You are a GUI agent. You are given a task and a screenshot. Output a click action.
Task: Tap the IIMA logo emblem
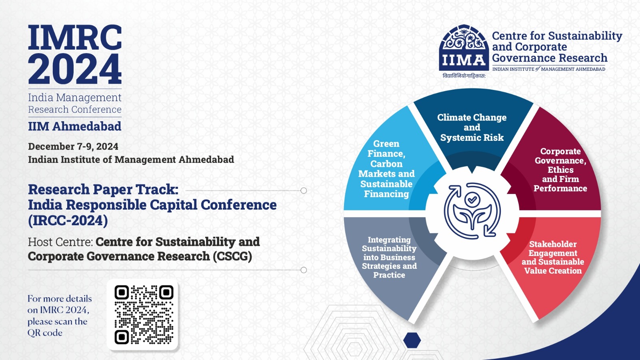pyautogui.click(x=464, y=48)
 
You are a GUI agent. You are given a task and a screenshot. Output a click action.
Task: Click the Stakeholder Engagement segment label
pyautogui.click(x=552, y=257)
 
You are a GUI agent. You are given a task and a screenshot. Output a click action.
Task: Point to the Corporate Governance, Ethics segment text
pyautogui.click(x=560, y=170)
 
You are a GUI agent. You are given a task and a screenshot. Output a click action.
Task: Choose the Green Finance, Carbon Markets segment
pyautogui.click(x=386, y=168)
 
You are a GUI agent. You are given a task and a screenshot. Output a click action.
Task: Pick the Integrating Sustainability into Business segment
pyautogui.click(x=389, y=257)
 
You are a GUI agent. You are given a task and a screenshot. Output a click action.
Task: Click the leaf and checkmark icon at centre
pyautogui.click(x=472, y=211)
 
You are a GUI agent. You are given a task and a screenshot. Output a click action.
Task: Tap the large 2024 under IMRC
pyautogui.click(x=75, y=70)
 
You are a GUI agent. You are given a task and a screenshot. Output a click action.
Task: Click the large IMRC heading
pyautogui.click(x=75, y=37)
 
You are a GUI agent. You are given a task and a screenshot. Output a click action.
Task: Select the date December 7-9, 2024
pyautogui.click(x=73, y=146)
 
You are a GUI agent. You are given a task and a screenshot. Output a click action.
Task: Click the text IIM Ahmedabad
pyautogui.click(x=74, y=126)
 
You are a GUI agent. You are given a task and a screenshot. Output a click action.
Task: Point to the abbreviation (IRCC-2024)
pyautogui.click(x=68, y=220)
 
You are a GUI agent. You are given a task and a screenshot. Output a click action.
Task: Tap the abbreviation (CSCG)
pyautogui.click(x=232, y=256)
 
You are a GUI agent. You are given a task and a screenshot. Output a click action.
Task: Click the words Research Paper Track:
pyautogui.click(x=103, y=190)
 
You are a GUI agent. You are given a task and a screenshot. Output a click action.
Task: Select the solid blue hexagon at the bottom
pyautogui.click(x=412, y=340)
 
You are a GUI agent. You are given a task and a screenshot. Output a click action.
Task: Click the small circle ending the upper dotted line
pyautogui.click(x=304, y=190)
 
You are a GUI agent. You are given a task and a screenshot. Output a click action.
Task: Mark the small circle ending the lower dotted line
pyautogui.click(x=304, y=270)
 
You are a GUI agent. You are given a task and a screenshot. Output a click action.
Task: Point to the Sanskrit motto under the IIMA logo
pyautogui.click(x=464, y=76)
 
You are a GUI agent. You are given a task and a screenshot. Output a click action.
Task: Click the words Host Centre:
pyautogui.click(x=60, y=242)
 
